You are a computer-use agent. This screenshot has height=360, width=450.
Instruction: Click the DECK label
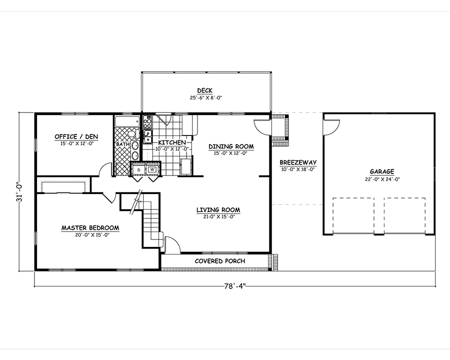(x=204, y=90)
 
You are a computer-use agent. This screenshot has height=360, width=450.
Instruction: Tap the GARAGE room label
(x=382, y=171)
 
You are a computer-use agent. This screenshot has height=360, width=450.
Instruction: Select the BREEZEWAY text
(x=294, y=162)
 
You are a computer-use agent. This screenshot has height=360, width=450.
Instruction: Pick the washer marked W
(x=151, y=169)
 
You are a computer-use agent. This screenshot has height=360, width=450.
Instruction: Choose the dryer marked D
(x=137, y=169)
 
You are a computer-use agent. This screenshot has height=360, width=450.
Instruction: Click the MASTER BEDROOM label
(x=90, y=228)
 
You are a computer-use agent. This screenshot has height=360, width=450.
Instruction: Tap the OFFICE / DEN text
(x=76, y=136)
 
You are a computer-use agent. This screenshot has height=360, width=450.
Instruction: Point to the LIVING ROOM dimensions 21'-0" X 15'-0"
(x=218, y=216)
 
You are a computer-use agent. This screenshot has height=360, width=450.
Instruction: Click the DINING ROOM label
(x=231, y=146)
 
